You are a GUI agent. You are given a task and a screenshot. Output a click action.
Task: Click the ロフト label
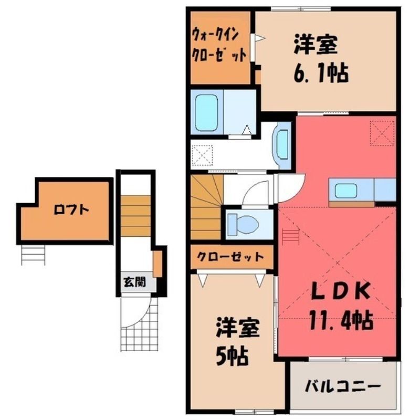[x=71, y=209]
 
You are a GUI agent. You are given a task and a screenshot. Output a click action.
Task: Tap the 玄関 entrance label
[x=134, y=281]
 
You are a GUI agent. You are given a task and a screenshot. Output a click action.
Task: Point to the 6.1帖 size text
[x=321, y=73]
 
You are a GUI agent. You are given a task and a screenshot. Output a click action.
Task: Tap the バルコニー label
[x=343, y=387]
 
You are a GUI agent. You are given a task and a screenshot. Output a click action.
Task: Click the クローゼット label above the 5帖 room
[x=230, y=257]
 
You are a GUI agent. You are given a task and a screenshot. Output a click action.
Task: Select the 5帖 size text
[x=232, y=356]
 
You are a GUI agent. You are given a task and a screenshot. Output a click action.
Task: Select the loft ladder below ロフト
[x=33, y=255]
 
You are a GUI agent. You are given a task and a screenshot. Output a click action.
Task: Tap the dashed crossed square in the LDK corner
[x=382, y=133]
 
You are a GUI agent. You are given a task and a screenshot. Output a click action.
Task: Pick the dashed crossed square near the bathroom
[x=203, y=155]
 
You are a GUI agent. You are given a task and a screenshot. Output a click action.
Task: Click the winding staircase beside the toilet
[x=207, y=206]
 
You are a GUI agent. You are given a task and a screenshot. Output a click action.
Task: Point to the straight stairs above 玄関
[x=135, y=216]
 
